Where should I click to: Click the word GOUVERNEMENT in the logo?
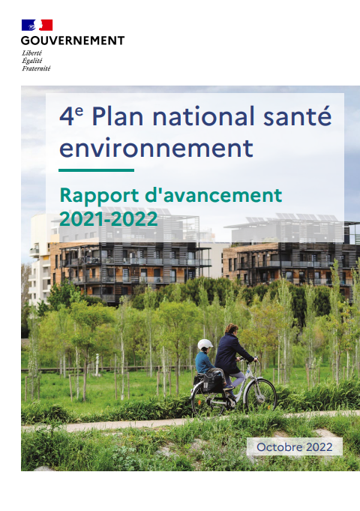[x=73, y=41]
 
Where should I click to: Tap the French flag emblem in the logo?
[x=37, y=25]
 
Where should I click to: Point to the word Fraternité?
[x=37, y=68]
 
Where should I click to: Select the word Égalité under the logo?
[x=32, y=61]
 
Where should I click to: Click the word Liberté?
[x=32, y=53]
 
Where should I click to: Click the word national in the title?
[x=203, y=116]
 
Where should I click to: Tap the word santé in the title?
[x=298, y=116]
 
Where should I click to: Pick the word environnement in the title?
[x=157, y=149]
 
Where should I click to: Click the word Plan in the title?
[x=118, y=116]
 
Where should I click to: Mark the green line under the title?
[x=97, y=170]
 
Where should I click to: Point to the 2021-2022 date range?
[x=109, y=219]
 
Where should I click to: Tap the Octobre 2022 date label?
[x=295, y=446]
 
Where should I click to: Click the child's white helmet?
[x=205, y=344]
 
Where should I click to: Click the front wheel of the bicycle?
[x=261, y=395]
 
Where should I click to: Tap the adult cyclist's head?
[x=231, y=329]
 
